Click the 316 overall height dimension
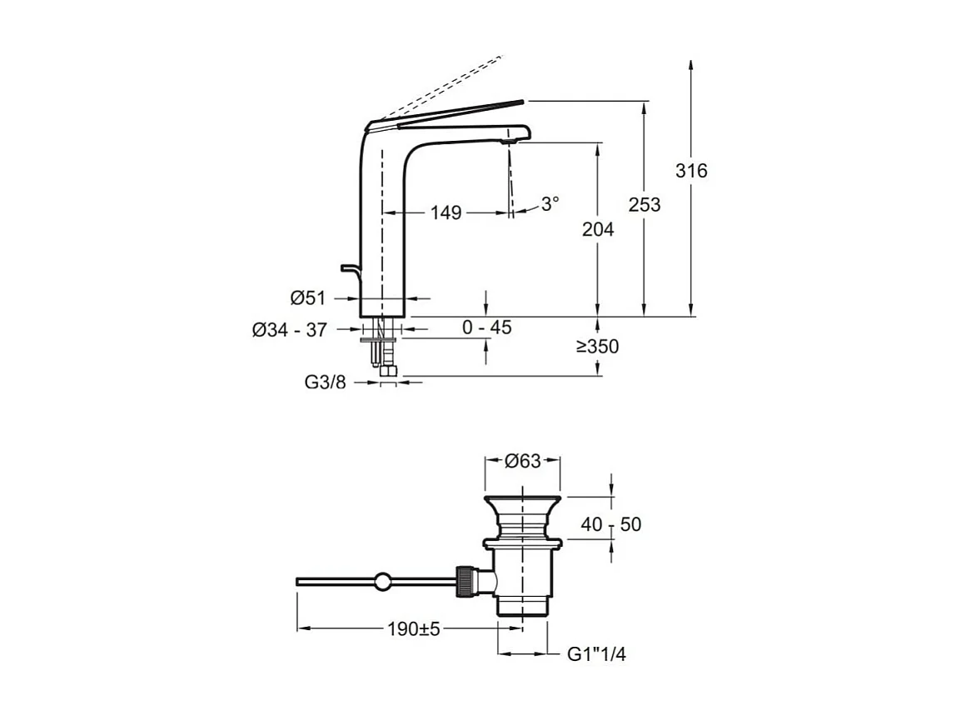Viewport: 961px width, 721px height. [x=691, y=171]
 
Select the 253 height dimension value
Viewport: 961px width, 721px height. [x=644, y=204]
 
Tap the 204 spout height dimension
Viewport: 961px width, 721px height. [x=597, y=228]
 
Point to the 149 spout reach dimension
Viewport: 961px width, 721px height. [x=446, y=213]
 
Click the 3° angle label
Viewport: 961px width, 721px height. [x=550, y=203]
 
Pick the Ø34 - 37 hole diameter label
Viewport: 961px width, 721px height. [x=289, y=330]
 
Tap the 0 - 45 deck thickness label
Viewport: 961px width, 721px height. [x=487, y=328]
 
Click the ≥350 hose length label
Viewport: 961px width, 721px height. [x=597, y=347]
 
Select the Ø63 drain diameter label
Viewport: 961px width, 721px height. [x=523, y=461]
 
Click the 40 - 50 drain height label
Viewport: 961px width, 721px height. [x=613, y=524]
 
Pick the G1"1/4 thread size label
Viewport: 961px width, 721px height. [x=596, y=654]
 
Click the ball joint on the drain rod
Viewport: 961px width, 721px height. [x=382, y=582]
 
